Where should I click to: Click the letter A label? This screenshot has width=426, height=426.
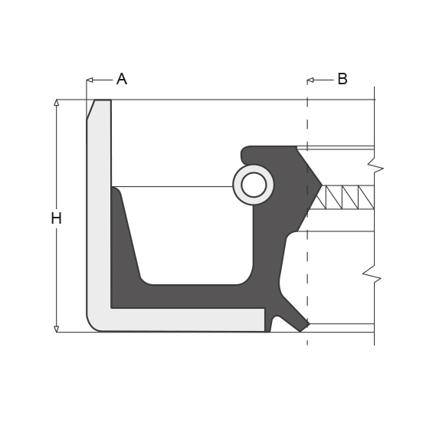[122, 79]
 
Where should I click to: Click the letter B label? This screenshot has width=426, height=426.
[342, 79]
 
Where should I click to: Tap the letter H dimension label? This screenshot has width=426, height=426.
[56, 218]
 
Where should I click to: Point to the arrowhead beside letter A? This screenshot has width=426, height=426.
[90, 80]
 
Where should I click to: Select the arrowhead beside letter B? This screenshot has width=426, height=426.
[310, 80]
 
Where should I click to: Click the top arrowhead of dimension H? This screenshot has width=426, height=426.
[56, 103]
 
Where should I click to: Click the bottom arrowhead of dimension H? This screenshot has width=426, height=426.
[56, 329]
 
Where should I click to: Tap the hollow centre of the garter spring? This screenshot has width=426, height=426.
[254, 185]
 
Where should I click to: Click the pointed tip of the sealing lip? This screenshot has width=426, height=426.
[323, 185]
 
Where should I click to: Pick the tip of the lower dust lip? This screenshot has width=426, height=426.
[310, 324]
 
